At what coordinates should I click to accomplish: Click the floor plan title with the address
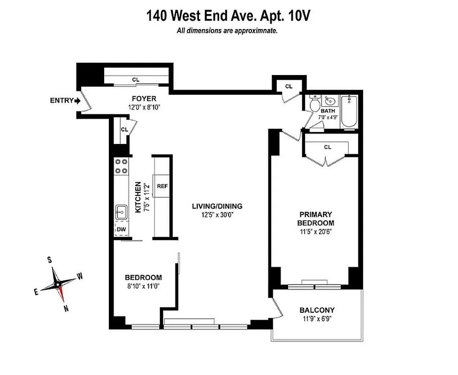[229, 16]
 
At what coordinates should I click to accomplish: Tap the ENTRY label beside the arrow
[61, 100]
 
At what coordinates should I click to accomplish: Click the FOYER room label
[144, 99]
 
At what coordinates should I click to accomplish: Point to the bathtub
[349, 112]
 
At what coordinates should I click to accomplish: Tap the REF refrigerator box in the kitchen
[162, 186]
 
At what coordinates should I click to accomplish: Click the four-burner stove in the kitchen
[122, 167]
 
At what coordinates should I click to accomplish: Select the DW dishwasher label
[121, 229]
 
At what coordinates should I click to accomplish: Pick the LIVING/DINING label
[217, 206]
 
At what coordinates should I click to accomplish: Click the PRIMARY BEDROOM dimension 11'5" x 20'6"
[316, 232]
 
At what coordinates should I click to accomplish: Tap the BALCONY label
[317, 310]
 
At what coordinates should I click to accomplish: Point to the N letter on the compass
[66, 308]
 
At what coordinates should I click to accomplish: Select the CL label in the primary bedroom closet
[328, 147]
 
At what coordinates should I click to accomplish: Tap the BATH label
[328, 111]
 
